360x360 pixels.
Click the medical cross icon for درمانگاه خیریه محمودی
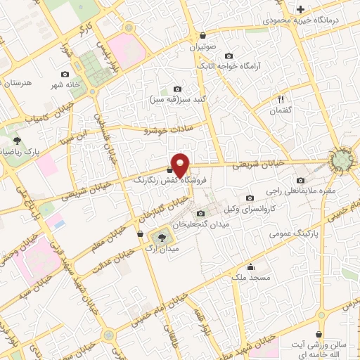click(300, 9)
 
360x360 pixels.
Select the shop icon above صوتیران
click(202, 36)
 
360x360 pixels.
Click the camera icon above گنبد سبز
click(177, 89)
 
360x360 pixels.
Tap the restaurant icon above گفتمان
click(281, 100)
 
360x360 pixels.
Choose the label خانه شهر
click(80, 86)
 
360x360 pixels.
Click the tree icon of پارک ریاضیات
click(17, 141)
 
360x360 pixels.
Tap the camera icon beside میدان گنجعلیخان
click(201, 214)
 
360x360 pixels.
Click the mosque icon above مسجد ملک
click(250, 266)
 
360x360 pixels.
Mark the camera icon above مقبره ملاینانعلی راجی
click(301, 179)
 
